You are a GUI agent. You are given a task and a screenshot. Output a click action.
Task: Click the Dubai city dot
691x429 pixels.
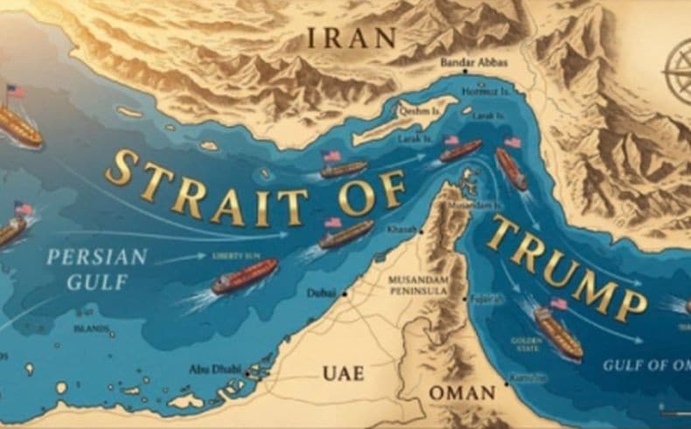point(345,294)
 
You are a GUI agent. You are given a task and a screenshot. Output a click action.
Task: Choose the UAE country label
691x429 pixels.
point(343,373)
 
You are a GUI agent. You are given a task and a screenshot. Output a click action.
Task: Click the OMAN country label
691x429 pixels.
point(463,392)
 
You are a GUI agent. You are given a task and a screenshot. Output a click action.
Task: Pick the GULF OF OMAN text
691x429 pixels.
point(646,364)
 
